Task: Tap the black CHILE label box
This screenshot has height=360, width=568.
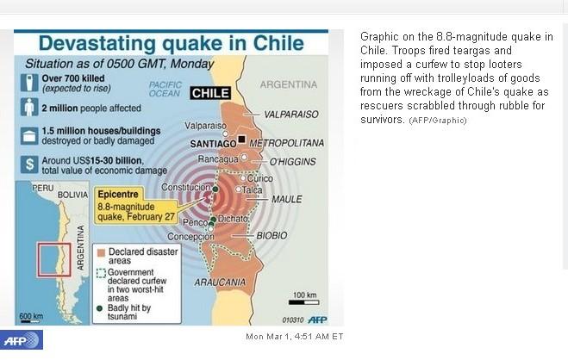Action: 210,93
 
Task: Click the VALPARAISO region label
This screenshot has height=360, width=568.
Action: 290,114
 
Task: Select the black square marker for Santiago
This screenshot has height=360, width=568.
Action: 242,140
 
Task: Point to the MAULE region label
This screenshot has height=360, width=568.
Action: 286,199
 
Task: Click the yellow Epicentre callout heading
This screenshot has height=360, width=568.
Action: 117,195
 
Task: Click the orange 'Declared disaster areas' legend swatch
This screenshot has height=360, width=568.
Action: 101,252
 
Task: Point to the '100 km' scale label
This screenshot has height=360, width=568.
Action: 304,295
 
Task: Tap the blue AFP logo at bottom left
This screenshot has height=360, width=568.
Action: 21,338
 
